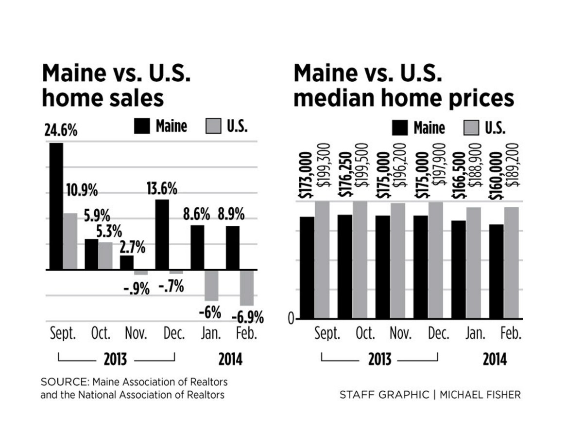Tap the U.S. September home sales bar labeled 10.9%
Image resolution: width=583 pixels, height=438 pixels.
click(70, 241)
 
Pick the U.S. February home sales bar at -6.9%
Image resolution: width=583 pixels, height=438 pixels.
click(247, 288)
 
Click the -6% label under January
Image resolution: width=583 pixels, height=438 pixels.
click(210, 312)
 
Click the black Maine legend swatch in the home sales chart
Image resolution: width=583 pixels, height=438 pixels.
click(142, 127)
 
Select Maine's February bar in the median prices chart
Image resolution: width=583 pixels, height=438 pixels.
click(496, 271)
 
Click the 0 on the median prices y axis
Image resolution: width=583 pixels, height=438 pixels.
click(291, 319)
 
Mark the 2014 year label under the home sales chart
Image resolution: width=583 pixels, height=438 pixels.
click(230, 360)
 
